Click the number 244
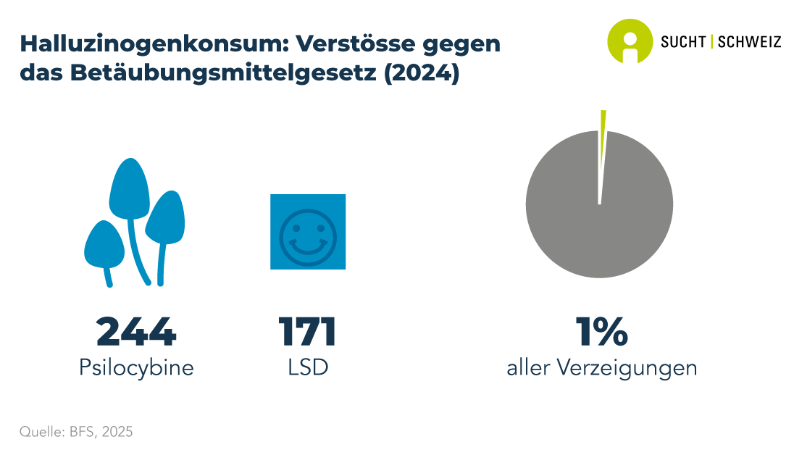tap(136, 332)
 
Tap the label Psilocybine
tap(136, 368)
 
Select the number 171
tap(307, 332)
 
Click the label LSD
tap(307, 368)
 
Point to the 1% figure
tap(601, 332)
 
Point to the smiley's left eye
tap(296, 226)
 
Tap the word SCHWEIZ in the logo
tap(749, 42)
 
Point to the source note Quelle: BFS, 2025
tap(76, 432)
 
